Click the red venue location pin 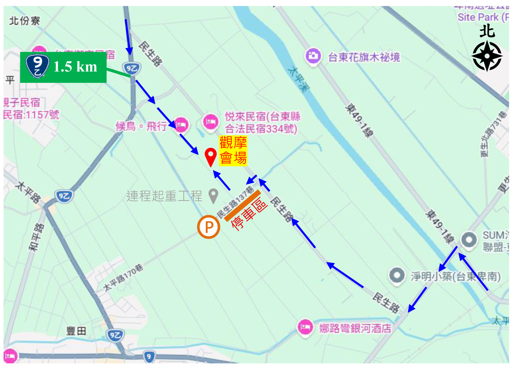[211, 156]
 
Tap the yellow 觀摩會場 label [233, 151]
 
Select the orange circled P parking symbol [209, 227]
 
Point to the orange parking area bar [243, 206]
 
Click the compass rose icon [487, 56]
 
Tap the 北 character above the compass [487, 31]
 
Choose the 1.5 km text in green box [75, 67]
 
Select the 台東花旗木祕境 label [364, 57]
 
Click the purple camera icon [313, 56]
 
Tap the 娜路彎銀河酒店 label [355, 328]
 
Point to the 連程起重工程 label [164, 196]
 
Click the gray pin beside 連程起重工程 [213, 195]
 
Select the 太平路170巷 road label [123, 277]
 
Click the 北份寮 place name [25, 21]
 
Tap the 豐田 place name [76, 331]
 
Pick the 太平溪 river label [298, 79]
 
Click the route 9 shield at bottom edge [149, 357]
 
